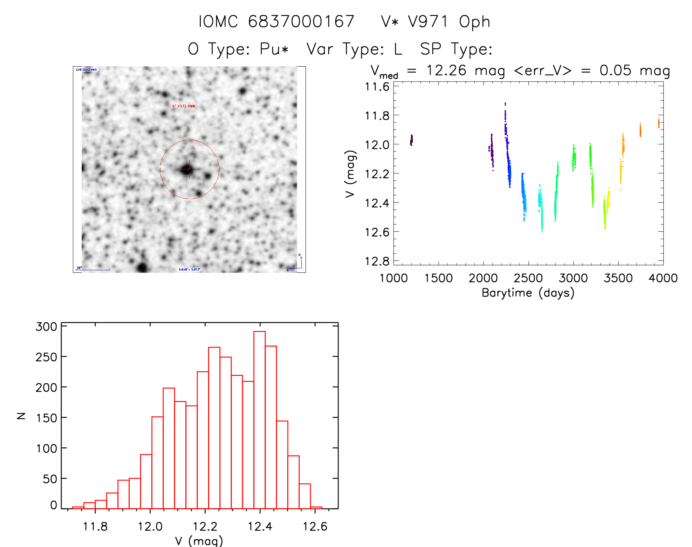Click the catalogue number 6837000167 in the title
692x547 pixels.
301,22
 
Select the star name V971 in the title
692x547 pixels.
428,22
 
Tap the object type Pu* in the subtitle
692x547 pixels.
274,49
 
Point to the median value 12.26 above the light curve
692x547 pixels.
446,70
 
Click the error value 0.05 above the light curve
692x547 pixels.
615,70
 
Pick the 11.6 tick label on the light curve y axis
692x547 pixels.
377,87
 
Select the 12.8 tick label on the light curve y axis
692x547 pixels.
377,261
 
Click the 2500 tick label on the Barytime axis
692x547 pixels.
528,278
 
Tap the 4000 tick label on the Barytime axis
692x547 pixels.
663,278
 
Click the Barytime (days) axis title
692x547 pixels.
528,293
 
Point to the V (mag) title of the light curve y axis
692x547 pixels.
351,174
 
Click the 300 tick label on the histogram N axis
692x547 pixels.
46,327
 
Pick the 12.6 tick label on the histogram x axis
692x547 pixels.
315,526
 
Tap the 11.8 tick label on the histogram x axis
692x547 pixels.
95,526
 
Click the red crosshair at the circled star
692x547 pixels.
189,169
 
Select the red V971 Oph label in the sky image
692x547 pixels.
184,106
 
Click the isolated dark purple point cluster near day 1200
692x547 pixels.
411,140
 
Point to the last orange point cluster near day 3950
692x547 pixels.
659,123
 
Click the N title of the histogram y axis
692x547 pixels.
21,416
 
